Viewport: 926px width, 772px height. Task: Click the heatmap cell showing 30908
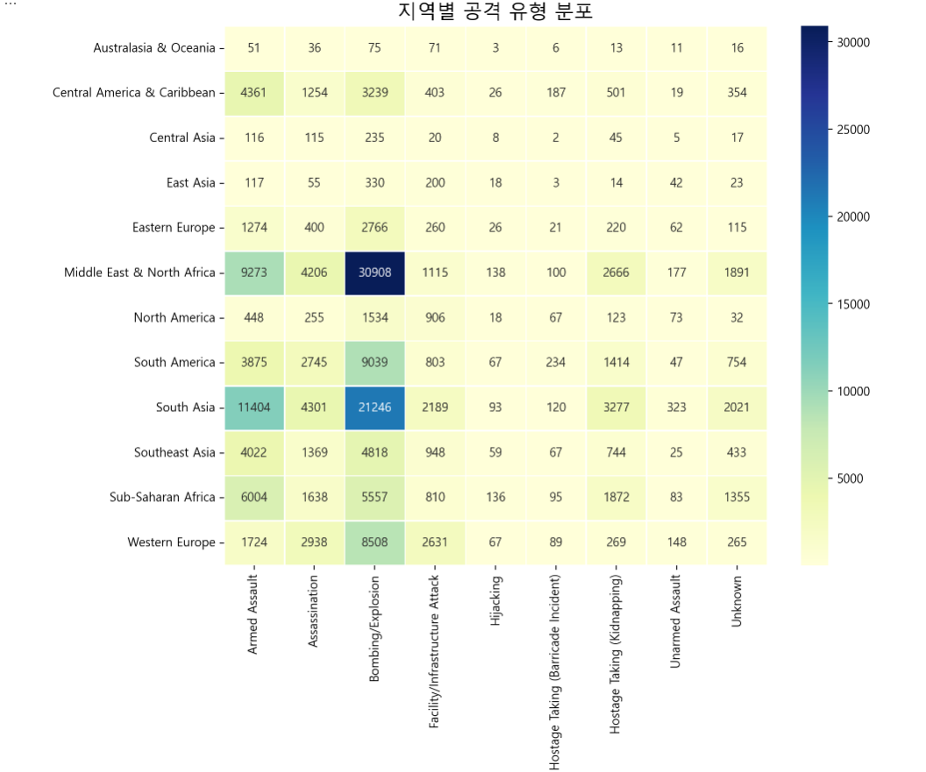click(374, 273)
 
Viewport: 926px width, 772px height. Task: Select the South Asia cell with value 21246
click(374, 407)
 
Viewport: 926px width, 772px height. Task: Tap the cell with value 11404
click(253, 407)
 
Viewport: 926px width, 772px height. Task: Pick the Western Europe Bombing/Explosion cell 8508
click(374, 542)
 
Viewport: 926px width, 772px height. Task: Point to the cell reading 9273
click(253, 273)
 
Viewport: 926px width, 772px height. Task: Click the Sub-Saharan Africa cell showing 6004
click(253, 498)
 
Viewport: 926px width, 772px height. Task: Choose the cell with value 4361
click(253, 93)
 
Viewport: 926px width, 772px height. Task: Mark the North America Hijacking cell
click(495, 317)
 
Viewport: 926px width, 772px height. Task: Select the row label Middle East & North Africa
click(139, 273)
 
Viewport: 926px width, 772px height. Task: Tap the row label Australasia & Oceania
click(154, 48)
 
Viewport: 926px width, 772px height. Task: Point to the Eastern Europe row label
click(174, 228)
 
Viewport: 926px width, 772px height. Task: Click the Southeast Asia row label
click(175, 452)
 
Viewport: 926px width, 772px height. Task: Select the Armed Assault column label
click(253, 615)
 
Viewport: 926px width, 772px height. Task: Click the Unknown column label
click(737, 601)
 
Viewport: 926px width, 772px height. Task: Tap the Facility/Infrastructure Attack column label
click(435, 653)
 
